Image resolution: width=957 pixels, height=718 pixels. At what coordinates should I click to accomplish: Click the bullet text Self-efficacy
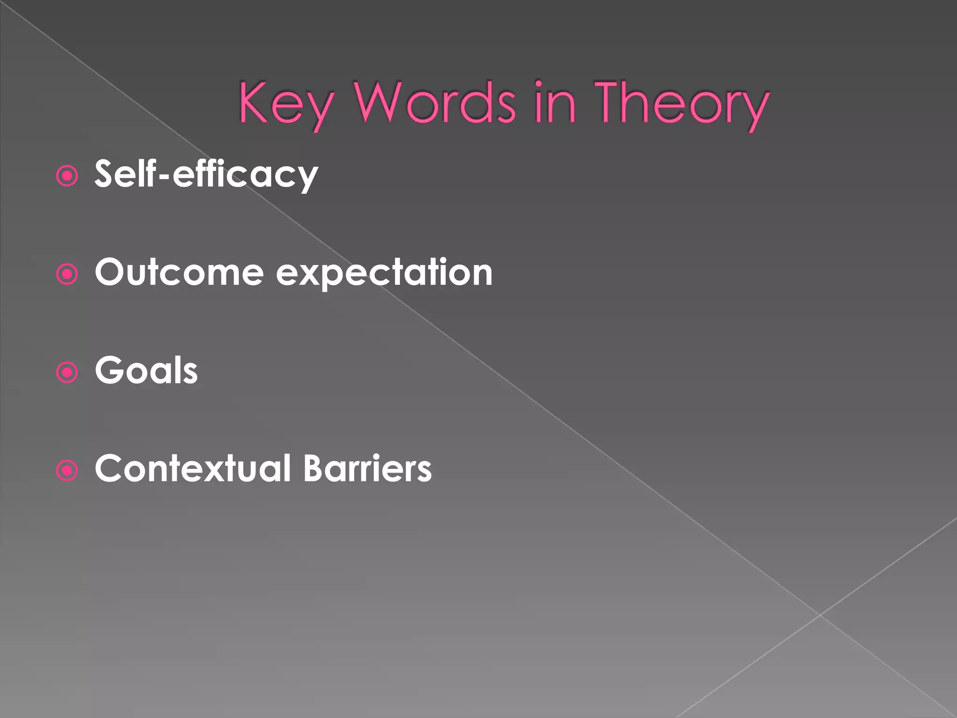click(x=206, y=174)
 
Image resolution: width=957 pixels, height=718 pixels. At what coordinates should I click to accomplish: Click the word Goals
click(x=146, y=370)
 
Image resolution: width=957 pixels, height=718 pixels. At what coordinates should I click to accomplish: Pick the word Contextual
click(x=193, y=468)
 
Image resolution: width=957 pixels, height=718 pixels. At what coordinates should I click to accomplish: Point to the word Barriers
click(x=367, y=468)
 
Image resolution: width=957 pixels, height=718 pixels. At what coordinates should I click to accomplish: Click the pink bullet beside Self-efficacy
click(x=67, y=176)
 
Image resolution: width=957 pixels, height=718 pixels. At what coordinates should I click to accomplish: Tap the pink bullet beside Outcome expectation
click(x=67, y=274)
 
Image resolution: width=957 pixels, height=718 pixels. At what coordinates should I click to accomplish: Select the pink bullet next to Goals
click(x=67, y=373)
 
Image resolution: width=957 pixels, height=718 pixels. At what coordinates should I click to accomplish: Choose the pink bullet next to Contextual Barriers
click(x=67, y=471)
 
